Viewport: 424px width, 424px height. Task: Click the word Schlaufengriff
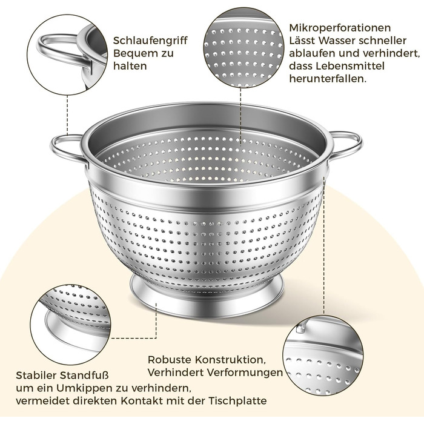(150, 41)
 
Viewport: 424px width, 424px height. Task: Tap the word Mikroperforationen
(340, 28)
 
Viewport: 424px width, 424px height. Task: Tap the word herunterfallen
(328, 79)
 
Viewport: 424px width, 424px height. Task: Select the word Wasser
(336, 41)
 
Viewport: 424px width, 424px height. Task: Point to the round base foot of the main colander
(207, 299)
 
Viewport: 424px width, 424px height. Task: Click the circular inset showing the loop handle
(67, 55)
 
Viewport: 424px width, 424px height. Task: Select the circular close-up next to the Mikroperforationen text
(243, 48)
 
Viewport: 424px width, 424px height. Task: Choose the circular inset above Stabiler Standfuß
(70, 325)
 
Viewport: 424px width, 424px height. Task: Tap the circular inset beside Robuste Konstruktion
(323, 356)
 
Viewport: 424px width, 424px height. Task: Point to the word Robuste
(170, 360)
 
